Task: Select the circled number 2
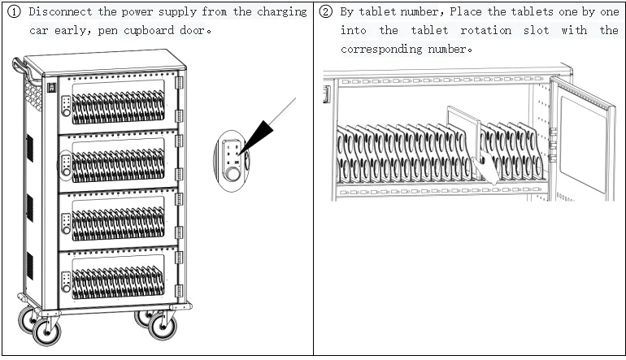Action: click(325, 12)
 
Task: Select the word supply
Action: click(185, 12)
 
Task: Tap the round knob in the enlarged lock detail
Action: click(233, 172)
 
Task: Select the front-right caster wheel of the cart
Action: click(163, 327)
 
